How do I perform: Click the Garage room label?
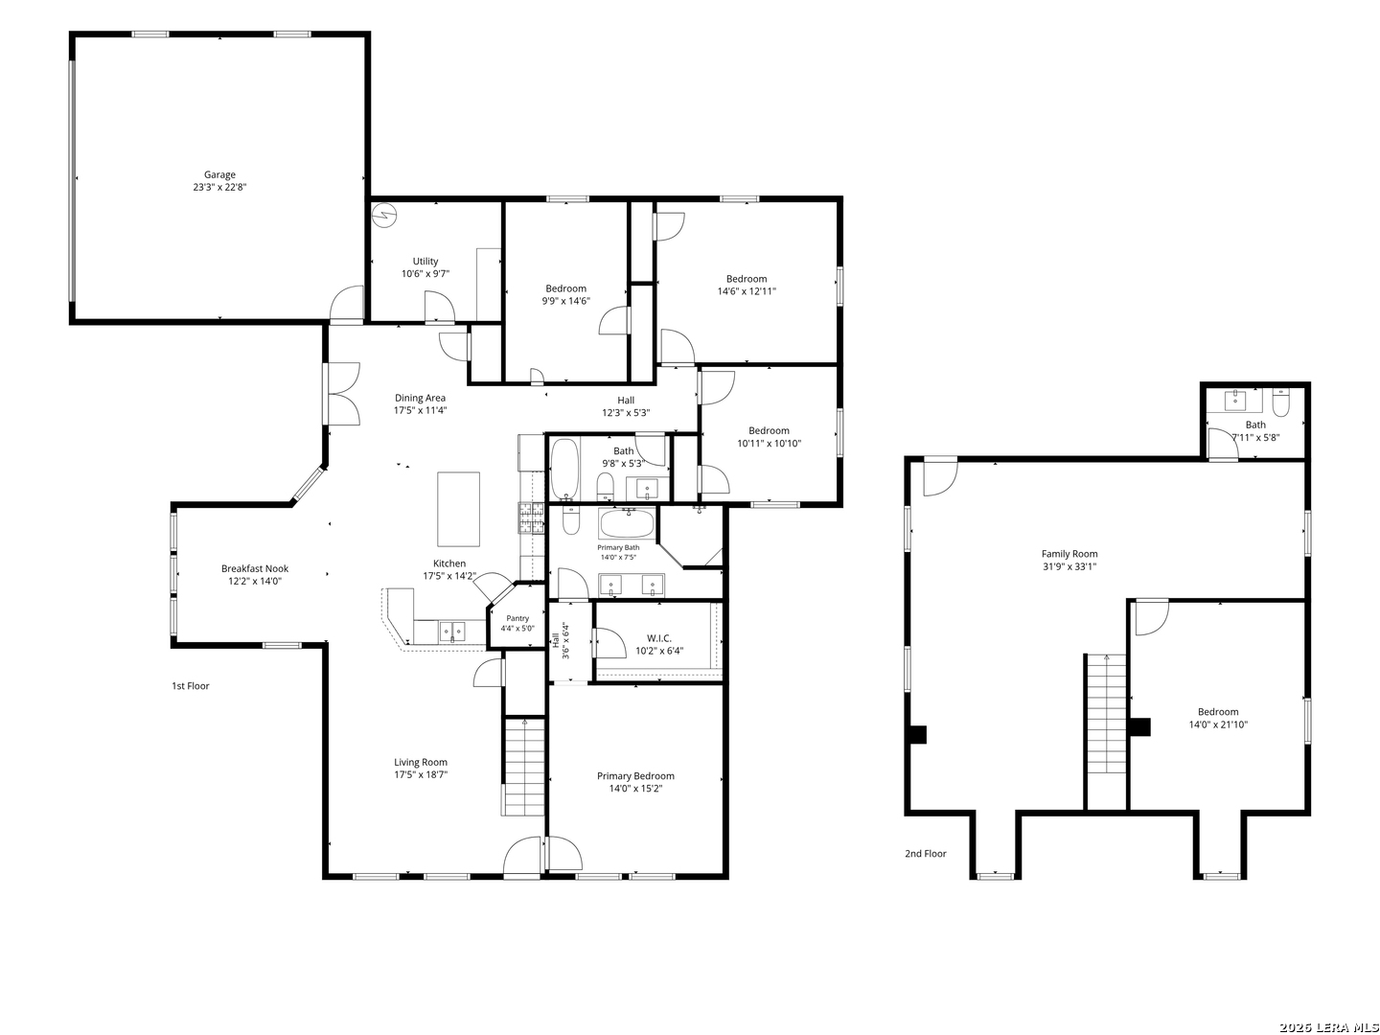pyautogui.click(x=219, y=174)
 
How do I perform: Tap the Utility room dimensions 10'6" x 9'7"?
pyautogui.click(x=425, y=273)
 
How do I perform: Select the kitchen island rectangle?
pyautogui.click(x=458, y=509)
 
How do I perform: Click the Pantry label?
pyautogui.click(x=517, y=618)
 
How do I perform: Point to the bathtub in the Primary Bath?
pyautogui.click(x=627, y=523)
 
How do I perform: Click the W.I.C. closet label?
pyautogui.click(x=659, y=638)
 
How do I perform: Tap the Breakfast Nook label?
pyautogui.click(x=255, y=568)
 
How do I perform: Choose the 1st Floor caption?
pyautogui.click(x=191, y=685)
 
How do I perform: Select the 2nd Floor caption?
pyautogui.click(x=925, y=853)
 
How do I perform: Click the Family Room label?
pyautogui.click(x=1069, y=554)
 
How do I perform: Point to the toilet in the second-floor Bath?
pyautogui.click(x=1280, y=403)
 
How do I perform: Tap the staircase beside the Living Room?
pyautogui.click(x=522, y=767)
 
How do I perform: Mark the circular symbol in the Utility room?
pyautogui.click(x=383, y=216)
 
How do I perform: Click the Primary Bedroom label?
pyautogui.click(x=635, y=776)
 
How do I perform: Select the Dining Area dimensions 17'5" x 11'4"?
pyautogui.click(x=420, y=410)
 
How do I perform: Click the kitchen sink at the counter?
pyautogui.click(x=452, y=631)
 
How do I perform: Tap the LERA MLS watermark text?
pyautogui.click(x=1328, y=1027)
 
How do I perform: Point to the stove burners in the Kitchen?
pyautogui.click(x=531, y=517)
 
